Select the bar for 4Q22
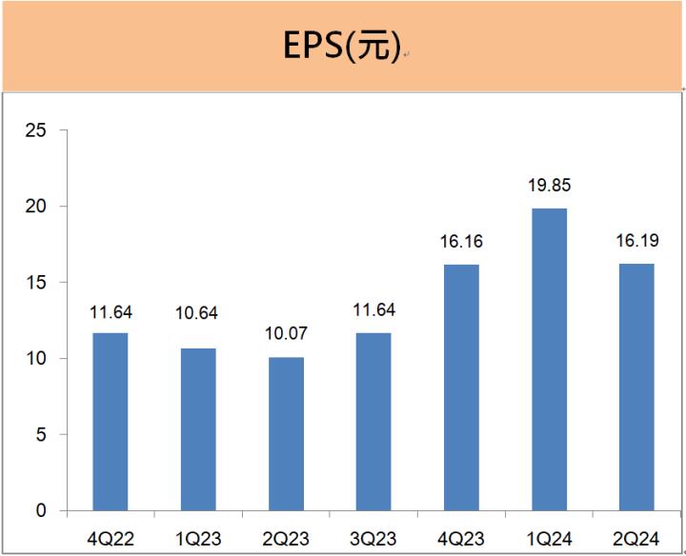click(x=110, y=422)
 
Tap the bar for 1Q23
click(x=197, y=429)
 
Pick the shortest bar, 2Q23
click(x=285, y=434)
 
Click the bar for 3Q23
click(x=373, y=422)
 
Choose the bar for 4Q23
click(x=460, y=387)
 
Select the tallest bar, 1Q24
click(x=549, y=360)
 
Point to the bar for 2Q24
click(x=636, y=387)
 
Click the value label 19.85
click(x=549, y=186)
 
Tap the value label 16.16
click(x=461, y=242)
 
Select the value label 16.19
click(x=636, y=242)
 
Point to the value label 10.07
click(x=285, y=334)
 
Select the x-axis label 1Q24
click(x=549, y=540)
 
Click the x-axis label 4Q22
click(x=110, y=540)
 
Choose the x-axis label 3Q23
click(x=373, y=540)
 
